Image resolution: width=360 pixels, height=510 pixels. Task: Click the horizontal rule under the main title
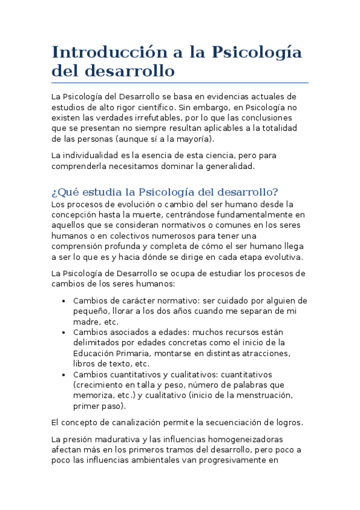pyautogui.click(x=180, y=82)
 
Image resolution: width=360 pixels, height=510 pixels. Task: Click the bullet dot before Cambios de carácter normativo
pyautogui.click(x=64, y=301)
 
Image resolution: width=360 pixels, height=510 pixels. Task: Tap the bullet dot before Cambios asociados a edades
pyautogui.click(x=64, y=333)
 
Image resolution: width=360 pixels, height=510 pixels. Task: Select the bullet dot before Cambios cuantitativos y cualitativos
pyautogui.click(x=64, y=375)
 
